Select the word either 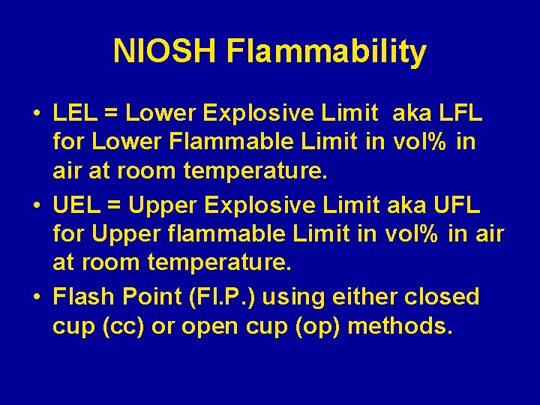(364, 296)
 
